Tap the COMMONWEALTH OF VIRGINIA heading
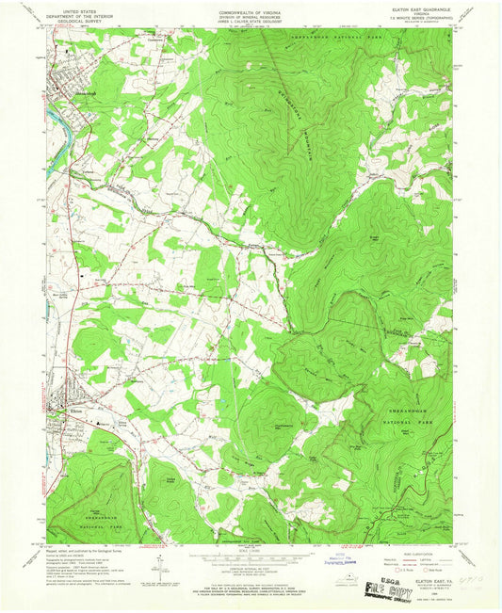pos(250,8)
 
